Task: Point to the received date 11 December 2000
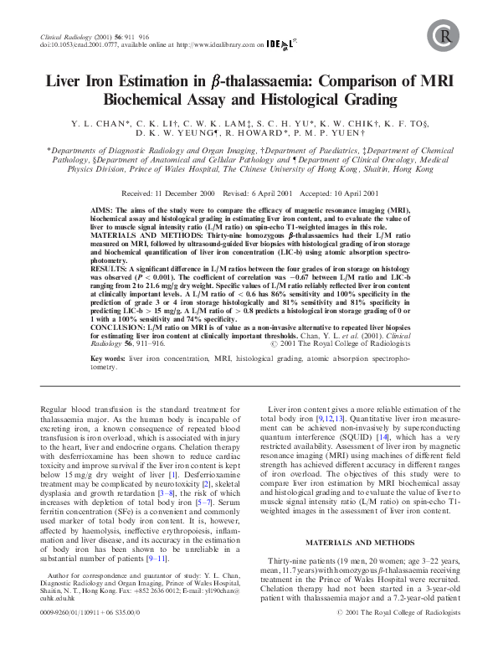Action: coord(188,193)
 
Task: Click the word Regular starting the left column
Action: coord(56,408)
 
